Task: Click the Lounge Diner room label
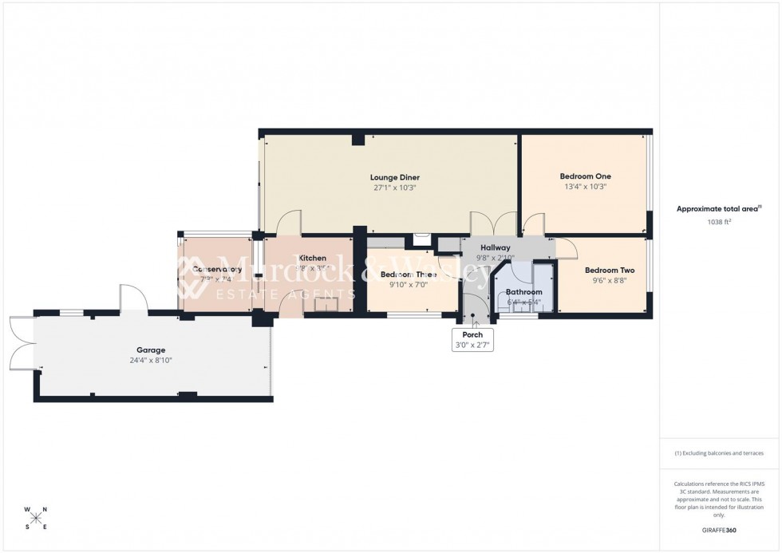[394, 177]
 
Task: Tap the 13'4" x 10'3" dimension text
[585, 187]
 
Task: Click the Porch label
[473, 334]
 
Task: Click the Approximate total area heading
[718, 209]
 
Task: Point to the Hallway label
[496, 247]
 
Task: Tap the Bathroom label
[524, 292]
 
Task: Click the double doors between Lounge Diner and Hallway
[493, 225]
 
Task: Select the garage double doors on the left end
[22, 343]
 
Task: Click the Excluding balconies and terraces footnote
[719, 453]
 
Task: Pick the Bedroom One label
[585, 176]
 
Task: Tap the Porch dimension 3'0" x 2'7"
[473, 345]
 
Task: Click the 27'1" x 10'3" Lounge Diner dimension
[394, 188]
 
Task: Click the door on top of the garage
[133, 298]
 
